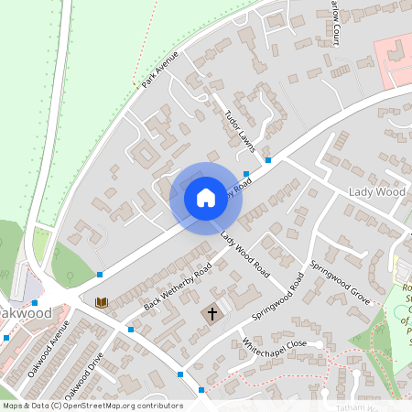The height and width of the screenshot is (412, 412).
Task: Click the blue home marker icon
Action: [205, 198]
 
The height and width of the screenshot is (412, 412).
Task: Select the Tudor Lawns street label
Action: [239, 129]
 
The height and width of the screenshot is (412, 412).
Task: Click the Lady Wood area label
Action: [376, 192]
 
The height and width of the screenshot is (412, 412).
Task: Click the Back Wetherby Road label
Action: [178, 285]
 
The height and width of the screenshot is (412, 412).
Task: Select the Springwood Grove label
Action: [339, 284]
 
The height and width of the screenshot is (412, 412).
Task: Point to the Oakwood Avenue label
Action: [49, 353]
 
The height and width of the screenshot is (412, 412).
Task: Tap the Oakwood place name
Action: [26, 312]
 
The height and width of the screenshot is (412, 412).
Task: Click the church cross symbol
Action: [212, 314]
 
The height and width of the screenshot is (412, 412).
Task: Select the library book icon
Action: [102, 302]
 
